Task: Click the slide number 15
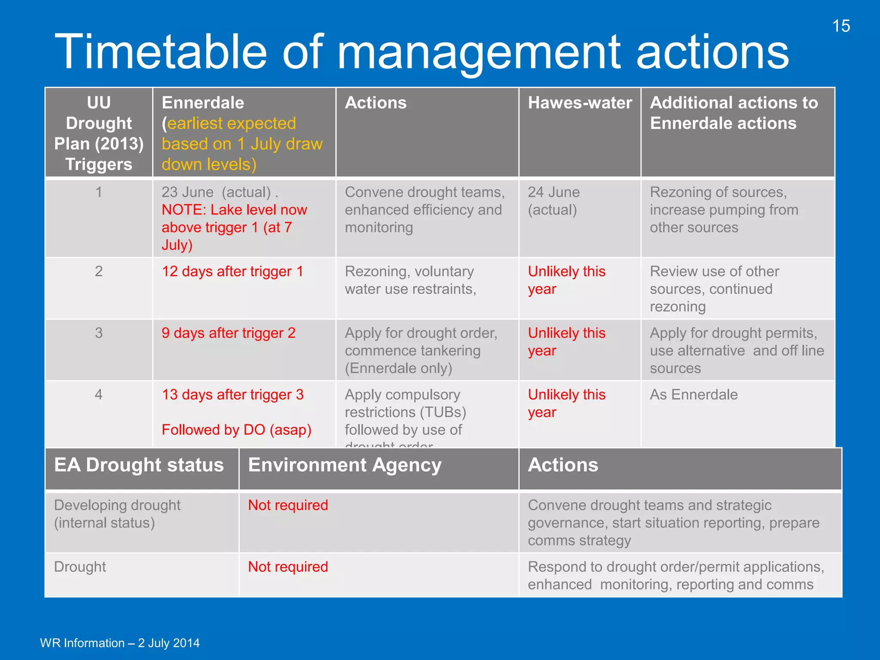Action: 841,26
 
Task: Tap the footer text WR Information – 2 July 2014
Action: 120,643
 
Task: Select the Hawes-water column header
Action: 580,103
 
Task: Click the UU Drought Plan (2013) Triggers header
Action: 99,133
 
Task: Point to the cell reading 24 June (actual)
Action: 554,201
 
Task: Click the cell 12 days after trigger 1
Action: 232,272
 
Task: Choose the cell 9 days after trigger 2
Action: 229,333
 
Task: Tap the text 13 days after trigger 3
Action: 232,394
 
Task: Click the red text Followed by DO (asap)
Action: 236,430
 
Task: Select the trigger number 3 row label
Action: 99,333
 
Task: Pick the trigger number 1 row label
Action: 99,192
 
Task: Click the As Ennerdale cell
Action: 694,394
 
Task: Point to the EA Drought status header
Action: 139,465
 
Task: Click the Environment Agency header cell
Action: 345,465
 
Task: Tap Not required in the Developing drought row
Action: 288,505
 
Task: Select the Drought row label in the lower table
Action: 80,567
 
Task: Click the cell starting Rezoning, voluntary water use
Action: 410,280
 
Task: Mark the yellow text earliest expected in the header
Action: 232,123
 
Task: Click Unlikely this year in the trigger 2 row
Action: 566,280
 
